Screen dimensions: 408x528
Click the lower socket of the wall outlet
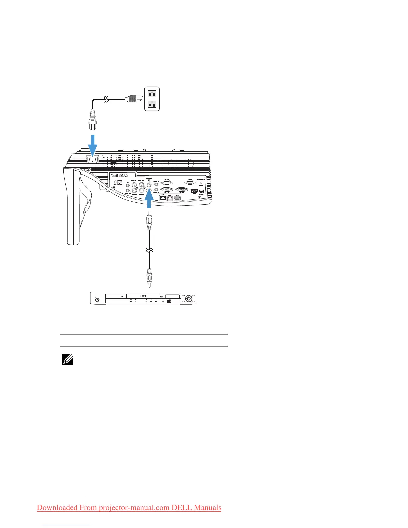[x=152, y=104]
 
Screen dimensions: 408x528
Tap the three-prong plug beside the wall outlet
[x=132, y=99]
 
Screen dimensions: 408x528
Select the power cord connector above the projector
[x=93, y=120]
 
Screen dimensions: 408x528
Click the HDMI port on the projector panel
[x=194, y=191]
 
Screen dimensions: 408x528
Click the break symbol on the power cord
[x=106, y=99]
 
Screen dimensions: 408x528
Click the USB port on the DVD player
[x=169, y=301]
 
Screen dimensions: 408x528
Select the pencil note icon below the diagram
[x=67, y=360]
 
